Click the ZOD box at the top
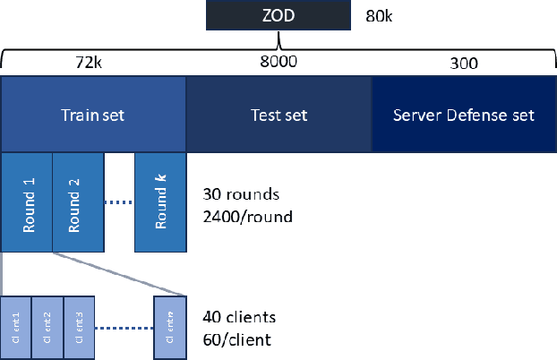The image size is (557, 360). click(278, 15)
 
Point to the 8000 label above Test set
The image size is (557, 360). click(278, 63)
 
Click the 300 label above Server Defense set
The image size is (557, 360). click(464, 64)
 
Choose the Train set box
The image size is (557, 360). click(93, 115)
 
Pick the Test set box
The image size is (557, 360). click(278, 115)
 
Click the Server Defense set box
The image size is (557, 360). click(464, 115)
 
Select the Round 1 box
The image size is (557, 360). click(27, 202)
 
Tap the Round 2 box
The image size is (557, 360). click(78, 202)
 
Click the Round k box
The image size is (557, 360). click(159, 202)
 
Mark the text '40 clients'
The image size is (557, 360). click(239, 317)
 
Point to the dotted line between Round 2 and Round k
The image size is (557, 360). click(119, 202)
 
